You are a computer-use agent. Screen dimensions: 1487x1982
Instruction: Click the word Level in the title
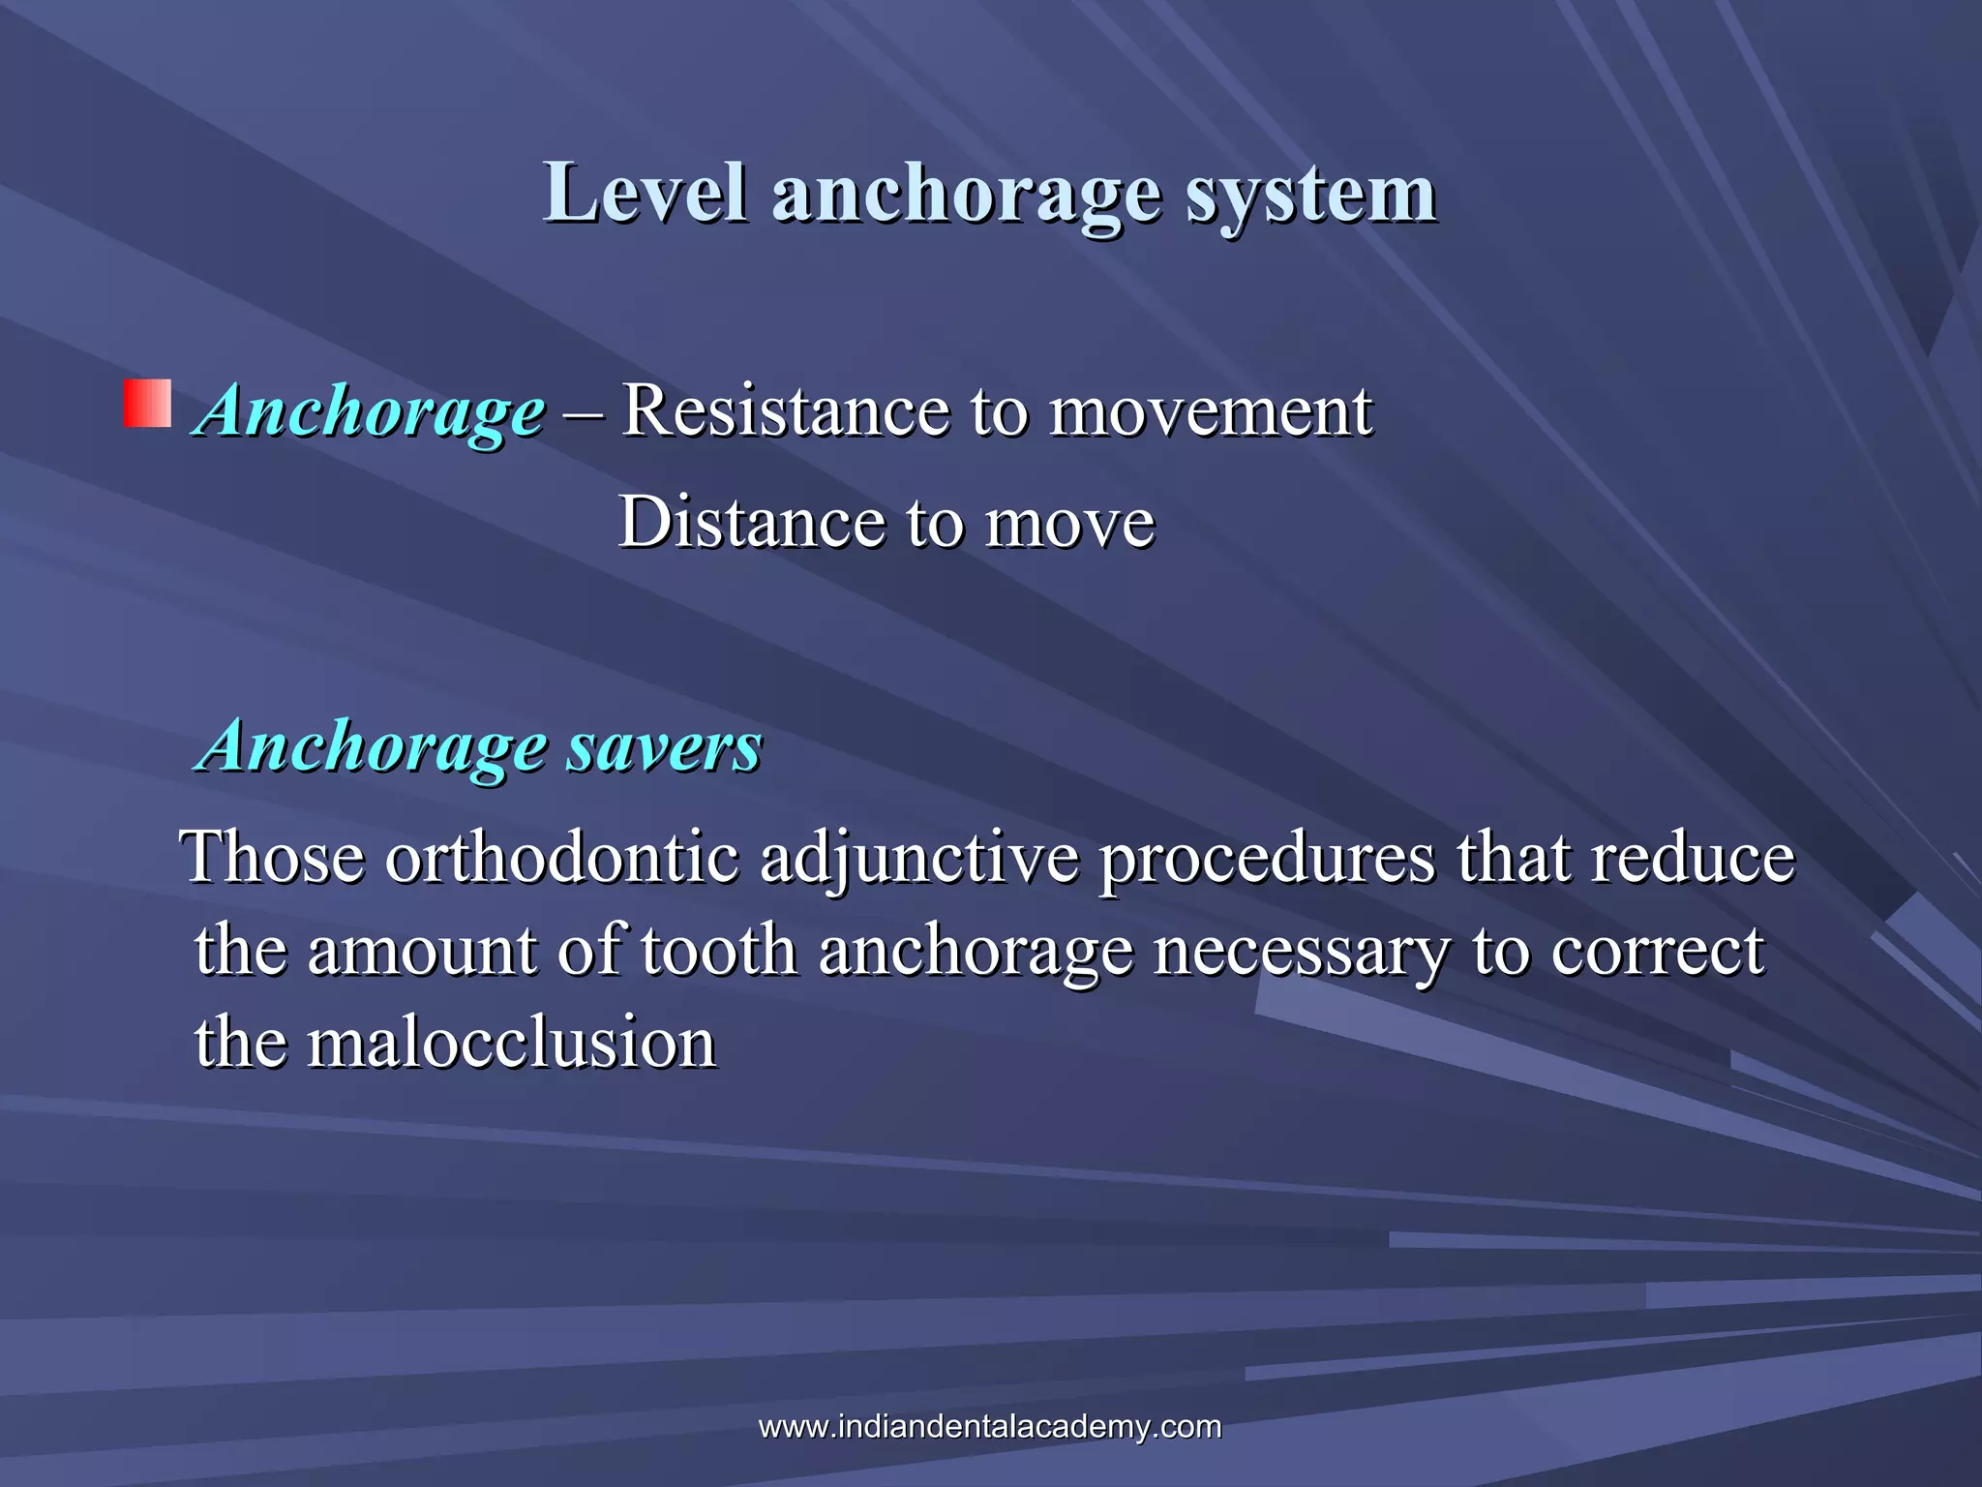(646, 194)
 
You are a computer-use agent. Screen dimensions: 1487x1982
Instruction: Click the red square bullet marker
(147, 404)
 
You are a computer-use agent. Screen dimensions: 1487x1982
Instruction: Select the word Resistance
(785, 410)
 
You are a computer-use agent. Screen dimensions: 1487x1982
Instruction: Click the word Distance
(751, 523)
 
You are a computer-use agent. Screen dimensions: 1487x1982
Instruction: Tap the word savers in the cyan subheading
(664, 746)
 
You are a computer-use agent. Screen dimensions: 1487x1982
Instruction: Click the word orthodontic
(562, 858)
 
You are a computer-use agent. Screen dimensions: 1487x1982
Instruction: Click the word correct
(1657, 951)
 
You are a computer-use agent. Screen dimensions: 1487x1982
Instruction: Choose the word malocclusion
(511, 1043)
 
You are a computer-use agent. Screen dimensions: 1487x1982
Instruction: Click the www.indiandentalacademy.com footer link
(990, 1426)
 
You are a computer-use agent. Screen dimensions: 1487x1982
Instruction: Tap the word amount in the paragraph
(421, 951)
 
